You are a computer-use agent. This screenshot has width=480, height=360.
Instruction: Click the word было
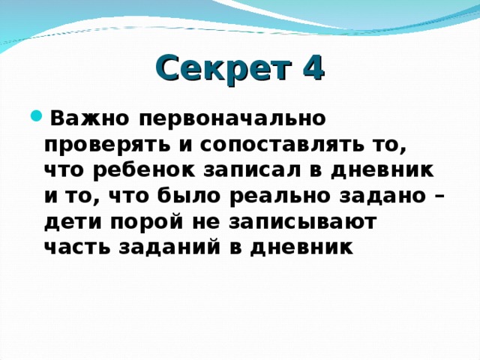coord(188,196)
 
